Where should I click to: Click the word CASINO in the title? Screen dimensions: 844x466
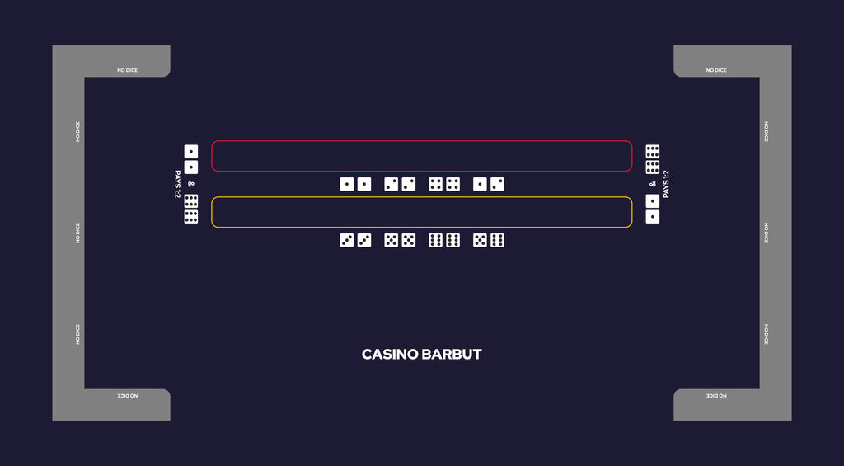[x=389, y=355]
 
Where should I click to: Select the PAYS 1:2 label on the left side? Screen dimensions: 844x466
[x=178, y=184]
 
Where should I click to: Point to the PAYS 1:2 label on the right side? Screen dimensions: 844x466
[x=666, y=184]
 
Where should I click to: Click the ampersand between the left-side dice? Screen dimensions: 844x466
[x=191, y=184]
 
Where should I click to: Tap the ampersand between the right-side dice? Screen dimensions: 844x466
[x=653, y=184]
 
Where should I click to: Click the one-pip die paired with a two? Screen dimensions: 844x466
[x=481, y=184]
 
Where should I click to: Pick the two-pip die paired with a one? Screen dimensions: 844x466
[x=497, y=184]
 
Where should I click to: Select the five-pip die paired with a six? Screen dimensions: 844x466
[x=481, y=240]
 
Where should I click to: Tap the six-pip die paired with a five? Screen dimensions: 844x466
[x=497, y=240]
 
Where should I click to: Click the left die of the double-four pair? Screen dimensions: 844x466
[x=435, y=184]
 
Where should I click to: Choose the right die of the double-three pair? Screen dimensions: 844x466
[x=364, y=240]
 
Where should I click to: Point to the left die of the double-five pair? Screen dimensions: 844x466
[x=392, y=240]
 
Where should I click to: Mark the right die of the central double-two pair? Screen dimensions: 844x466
[x=409, y=184]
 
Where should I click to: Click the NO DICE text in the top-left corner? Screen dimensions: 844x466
[x=128, y=71]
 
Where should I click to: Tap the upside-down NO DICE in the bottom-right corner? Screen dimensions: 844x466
[x=716, y=396]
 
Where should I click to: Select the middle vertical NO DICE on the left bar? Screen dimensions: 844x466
[x=77, y=233]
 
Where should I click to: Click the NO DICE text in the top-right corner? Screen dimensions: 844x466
[x=716, y=71]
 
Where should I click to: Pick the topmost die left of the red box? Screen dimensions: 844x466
[x=191, y=152]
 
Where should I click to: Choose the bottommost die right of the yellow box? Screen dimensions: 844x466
[x=653, y=217]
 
